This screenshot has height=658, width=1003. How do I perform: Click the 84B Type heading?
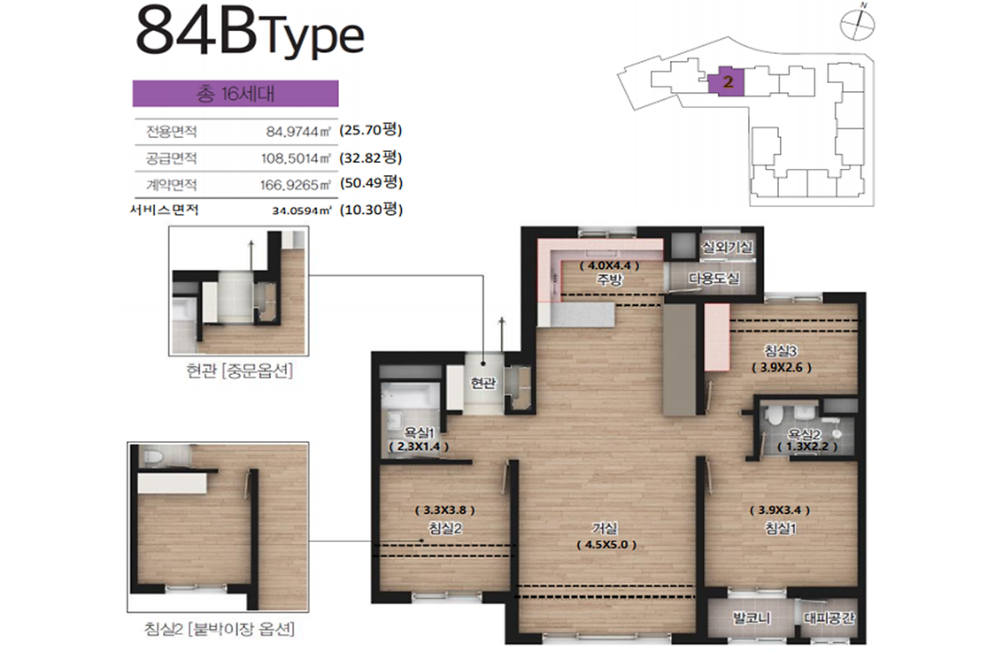250,32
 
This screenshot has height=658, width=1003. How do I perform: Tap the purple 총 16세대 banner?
235,93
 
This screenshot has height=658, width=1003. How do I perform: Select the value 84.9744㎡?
298,132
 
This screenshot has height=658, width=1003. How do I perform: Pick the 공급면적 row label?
171,157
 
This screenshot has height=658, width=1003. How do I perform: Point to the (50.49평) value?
371,183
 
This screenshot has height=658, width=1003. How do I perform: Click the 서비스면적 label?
165,210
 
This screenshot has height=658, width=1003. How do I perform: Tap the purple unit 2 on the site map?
727,81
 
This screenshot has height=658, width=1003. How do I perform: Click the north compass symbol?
857,23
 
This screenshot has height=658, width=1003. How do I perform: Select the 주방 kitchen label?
609,279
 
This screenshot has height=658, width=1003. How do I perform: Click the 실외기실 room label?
727,247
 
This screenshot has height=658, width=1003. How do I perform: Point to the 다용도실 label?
714,278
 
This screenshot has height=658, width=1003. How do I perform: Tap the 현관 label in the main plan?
483,383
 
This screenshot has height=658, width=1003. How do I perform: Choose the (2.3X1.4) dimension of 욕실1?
419,447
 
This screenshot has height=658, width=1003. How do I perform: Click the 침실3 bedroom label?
781,351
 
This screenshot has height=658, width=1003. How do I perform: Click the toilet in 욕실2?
774,416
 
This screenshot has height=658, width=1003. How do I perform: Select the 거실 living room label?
605,528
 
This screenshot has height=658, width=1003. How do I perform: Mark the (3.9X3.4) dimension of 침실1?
780,510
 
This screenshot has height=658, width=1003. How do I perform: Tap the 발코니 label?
752,617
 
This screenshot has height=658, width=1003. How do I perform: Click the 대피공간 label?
829,617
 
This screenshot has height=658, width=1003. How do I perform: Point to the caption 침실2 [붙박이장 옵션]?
220,629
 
